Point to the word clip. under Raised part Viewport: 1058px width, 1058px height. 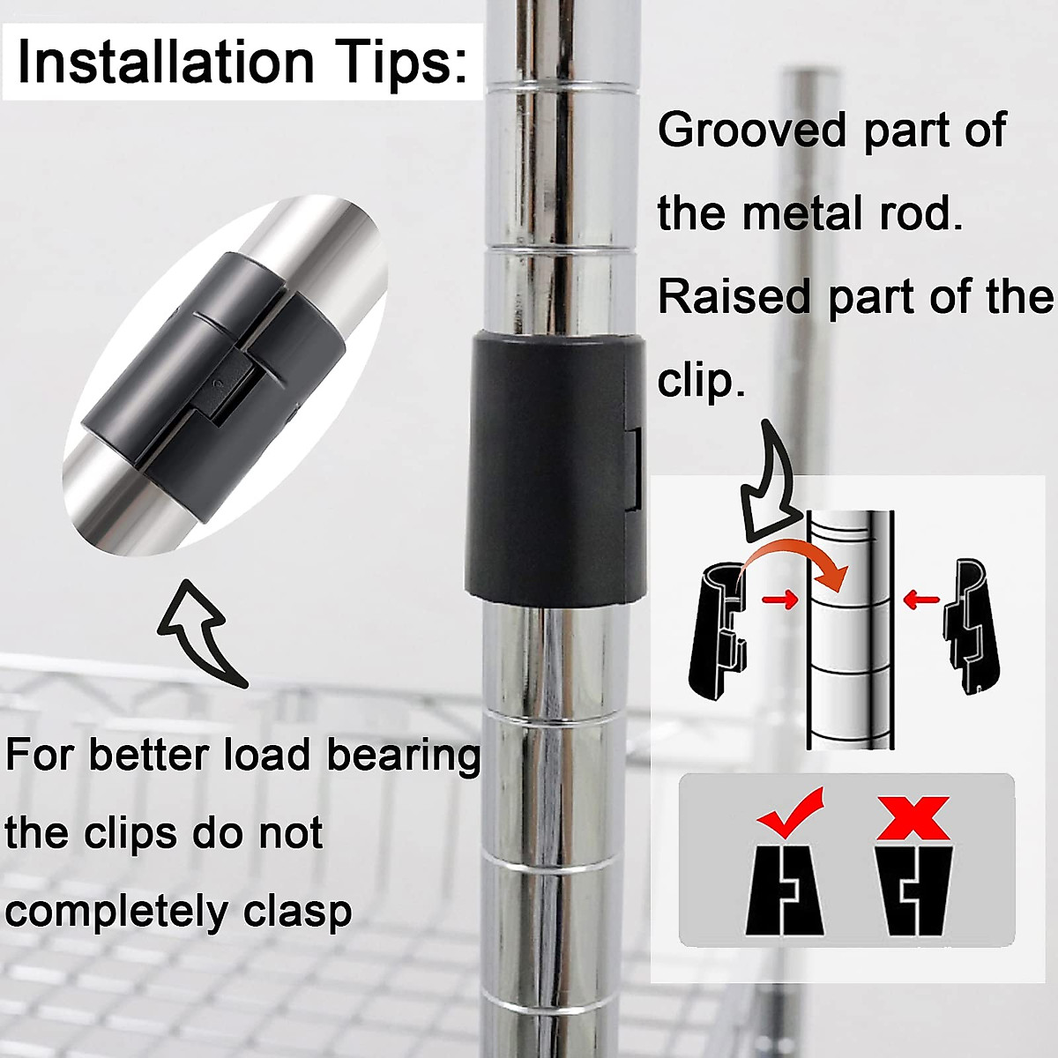tap(701, 381)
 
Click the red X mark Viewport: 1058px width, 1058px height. tap(913, 816)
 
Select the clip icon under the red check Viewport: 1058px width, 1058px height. tap(785, 890)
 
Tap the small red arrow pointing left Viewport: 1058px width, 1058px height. tap(922, 600)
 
